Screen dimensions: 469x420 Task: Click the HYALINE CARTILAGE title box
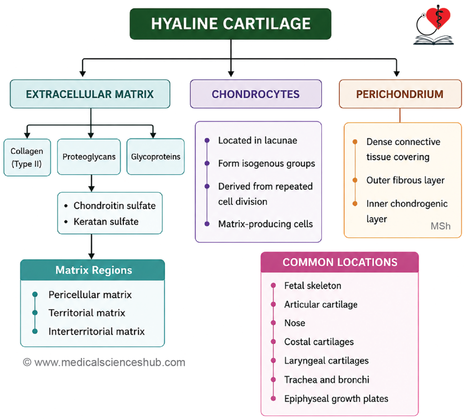click(230, 24)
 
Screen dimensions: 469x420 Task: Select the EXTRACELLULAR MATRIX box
click(90, 94)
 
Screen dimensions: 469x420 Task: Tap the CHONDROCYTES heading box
click(256, 94)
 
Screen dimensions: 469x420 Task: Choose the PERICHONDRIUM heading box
click(400, 94)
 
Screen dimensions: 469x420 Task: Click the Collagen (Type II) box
click(27, 157)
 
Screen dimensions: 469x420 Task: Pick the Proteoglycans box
click(89, 156)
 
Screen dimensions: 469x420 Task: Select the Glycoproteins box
click(156, 156)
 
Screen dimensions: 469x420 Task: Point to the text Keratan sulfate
click(106, 221)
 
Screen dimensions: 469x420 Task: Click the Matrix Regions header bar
click(93, 270)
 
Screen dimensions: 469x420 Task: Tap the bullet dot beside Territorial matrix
click(35, 313)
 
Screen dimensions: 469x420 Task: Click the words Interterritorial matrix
click(96, 332)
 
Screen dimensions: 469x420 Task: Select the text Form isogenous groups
click(267, 163)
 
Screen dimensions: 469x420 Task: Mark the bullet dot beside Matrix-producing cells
click(207, 224)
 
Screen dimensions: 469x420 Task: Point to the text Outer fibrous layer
click(405, 180)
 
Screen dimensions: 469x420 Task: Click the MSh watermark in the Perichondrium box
click(440, 226)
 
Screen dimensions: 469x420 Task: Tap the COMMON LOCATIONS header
click(340, 262)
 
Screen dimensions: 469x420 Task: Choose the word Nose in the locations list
click(294, 323)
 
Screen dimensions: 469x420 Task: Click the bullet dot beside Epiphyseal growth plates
click(273, 398)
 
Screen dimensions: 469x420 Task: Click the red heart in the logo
click(438, 17)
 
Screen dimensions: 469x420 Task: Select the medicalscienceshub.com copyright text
click(104, 362)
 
